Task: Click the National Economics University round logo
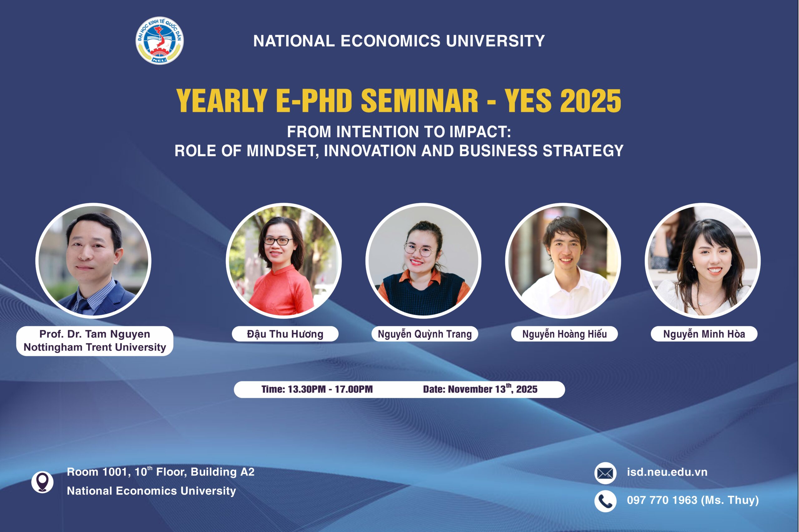click(159, 40)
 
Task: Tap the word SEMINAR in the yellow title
click(419, 100)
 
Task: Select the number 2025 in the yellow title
click(591, 101)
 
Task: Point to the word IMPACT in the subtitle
click(480, 132)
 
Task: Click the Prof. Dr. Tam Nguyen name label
click(95, 341)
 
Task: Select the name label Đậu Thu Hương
click(285, 334)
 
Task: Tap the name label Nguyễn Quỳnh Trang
click(425, 334)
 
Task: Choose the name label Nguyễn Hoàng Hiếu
click(564, 334)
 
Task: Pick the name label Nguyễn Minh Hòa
click(704, 334)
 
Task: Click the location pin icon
click(42, 482)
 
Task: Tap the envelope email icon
click(605, 473)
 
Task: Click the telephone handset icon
click(605, 501)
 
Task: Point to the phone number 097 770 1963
click(662, 500)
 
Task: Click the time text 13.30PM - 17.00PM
click(330, 389)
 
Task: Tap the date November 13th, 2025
click(493, 389)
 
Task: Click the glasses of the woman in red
click(278, 241)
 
